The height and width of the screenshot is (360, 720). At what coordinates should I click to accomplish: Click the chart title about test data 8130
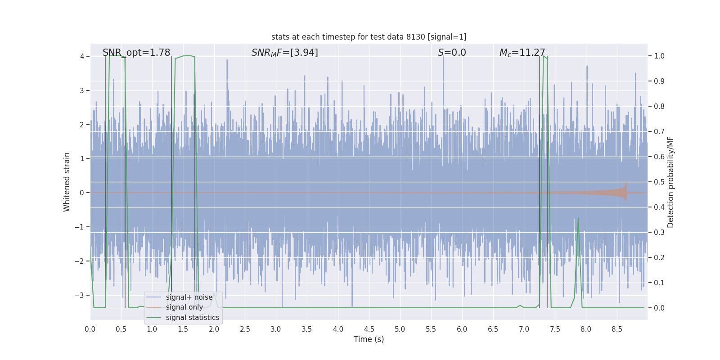pyautogui.click(x=369, y=37)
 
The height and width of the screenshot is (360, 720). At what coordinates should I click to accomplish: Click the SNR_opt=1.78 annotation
pyautogui.click(x=136, y=53)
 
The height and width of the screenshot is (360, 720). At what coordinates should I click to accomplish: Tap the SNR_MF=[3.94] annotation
pyautogui.click(x=284, y=53)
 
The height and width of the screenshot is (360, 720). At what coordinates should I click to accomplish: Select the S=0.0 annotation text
pyautogui.click(x=452, y=53)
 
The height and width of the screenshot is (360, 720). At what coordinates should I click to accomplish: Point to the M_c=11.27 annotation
pyautogui.click(x=522, y=53)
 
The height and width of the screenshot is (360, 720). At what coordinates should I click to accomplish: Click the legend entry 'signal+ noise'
pyautogui.click(x=189, y=297)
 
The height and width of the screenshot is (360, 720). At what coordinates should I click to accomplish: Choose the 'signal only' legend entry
pyautogui.click(x=184, y=307)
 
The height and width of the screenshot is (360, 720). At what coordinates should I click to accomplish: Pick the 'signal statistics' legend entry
pyautogui.click(x=192, y=318)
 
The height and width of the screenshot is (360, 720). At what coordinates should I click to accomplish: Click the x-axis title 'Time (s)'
pyautogui.click(x=369, y=339)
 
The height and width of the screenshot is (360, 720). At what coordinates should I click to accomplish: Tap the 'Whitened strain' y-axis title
pyautogui.click(x=67, y=182)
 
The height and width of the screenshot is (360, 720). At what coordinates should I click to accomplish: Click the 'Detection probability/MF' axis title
pyautogui.click(x=670, y=182)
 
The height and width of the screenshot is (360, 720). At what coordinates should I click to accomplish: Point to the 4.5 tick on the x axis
pyautogui.click(x=369, y=329)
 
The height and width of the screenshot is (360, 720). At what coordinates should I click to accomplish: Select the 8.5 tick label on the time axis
pyautogui.click(x=617, y=329)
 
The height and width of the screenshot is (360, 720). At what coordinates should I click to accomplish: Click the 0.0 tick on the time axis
pyautogui.click(x=90, y=329)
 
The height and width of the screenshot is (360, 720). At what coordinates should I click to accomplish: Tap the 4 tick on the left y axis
pyautogui.click(x=82, y=56)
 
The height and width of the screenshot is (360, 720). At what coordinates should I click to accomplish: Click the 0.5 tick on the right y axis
pyautogui.click(x=659, y=182)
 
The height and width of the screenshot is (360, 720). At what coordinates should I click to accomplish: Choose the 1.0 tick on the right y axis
pyautogui.click(x=659, y=56)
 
